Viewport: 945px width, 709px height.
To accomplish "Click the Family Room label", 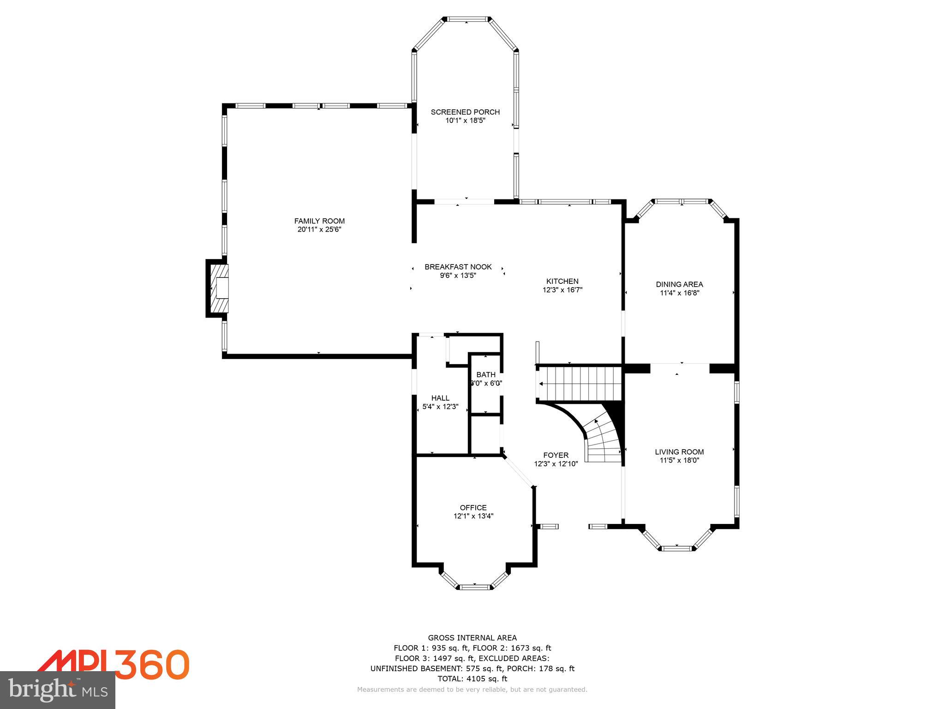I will coord(319,221).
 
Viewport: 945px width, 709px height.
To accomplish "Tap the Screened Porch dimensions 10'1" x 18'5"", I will coord(465,120).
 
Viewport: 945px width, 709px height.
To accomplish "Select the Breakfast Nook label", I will coord(458,267).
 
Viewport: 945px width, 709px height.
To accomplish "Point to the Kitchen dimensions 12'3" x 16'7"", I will coord(562,290).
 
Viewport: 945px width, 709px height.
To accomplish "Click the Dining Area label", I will coord(679,284).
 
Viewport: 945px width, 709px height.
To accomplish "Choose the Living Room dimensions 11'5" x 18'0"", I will coord(679,460).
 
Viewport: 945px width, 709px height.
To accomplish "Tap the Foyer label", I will coord(556,455).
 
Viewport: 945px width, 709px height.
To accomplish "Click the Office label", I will coord(473,508).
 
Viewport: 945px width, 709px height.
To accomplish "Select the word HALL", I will coord(440,398).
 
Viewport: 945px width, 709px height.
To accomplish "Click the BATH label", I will coord(486,374).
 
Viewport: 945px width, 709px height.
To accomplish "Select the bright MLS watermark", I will coord(58,690).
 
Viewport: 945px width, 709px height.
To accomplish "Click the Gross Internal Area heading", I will coord(472,638).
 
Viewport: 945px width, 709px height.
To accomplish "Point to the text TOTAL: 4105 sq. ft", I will coord(472,679).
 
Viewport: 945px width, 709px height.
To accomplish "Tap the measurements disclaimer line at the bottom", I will coord(472,690).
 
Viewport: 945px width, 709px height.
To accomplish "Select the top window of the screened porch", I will coord(467,19).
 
